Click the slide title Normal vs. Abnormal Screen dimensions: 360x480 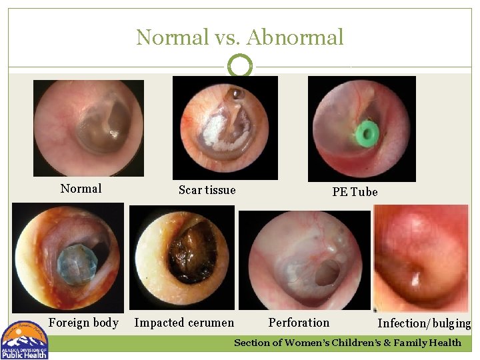point(240,37)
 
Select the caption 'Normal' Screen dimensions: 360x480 point(81,189)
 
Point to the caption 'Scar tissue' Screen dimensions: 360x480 point(207,190)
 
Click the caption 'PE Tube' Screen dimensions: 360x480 point(355,192)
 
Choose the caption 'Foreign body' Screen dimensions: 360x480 point(83,323)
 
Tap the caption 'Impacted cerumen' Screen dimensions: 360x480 point(184,323)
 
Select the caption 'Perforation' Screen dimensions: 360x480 point(299,323)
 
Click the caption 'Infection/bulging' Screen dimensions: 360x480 point(424,324)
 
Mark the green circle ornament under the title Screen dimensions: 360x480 point(240,66)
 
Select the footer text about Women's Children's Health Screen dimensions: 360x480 point(347,343)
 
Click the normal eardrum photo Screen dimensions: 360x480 point(89,127)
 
